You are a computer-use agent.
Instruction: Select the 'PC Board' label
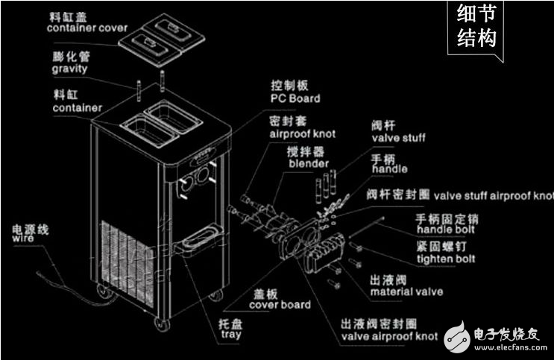[295, 98]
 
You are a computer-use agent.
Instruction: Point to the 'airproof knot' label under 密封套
[301, 133]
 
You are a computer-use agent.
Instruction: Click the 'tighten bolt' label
[445, 259]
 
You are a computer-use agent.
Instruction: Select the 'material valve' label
[406, 291]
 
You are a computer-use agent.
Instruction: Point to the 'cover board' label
[280, 305]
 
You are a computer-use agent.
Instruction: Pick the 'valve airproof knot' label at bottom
[388, 336]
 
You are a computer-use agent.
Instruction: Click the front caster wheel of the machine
[160, 323]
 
